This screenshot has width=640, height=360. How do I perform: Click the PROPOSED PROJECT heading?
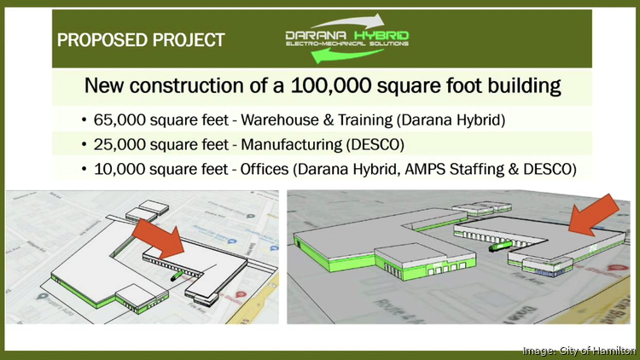pos(141,39)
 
